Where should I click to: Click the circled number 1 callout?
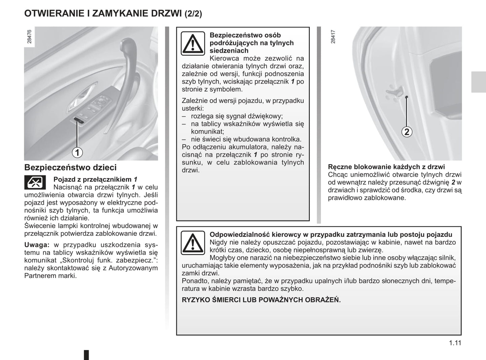coord(77,152)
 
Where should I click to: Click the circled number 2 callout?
coord(407,132)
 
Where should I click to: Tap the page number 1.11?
coord(455,343)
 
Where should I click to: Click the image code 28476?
coord(29,37)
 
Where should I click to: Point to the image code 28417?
coord(333,37)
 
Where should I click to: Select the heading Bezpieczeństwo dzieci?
coord(70,167)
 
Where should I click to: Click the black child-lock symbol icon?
coord(35,182)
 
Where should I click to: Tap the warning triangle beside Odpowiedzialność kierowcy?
coord(193,243)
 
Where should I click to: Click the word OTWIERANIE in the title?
coord(54,13)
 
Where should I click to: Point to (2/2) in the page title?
coord(193,14)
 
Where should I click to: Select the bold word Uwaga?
coord(37,245)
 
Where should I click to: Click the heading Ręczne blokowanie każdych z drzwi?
coord(386,167)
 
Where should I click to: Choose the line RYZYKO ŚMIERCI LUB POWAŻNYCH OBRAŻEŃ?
coord(261,300)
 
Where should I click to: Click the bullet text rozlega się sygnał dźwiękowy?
coord(237,116)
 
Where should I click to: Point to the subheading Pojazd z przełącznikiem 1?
coord(95,179)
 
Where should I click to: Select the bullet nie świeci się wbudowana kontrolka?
coord(246,139)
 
